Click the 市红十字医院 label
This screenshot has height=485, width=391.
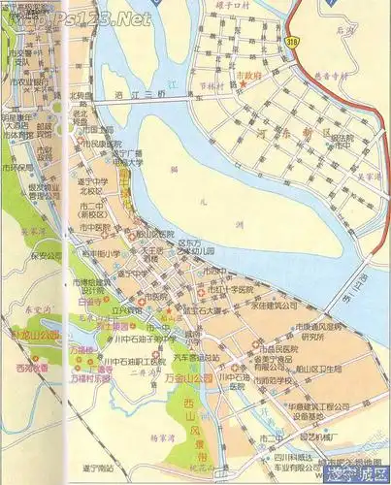coord(232,290)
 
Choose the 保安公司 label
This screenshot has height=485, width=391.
coord(45,256)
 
